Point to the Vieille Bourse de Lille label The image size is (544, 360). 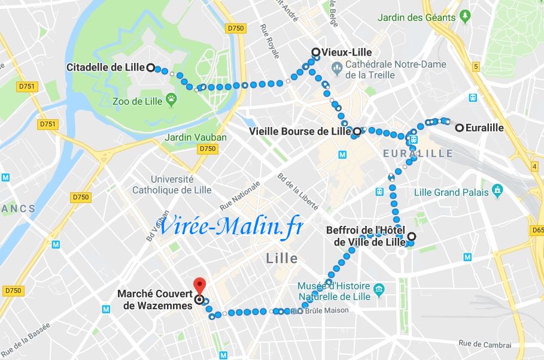coord(300,131)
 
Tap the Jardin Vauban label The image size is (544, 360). coord(195,137)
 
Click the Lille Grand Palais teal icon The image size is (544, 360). coord(497,192)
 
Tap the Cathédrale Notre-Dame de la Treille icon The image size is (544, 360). coord(337,69)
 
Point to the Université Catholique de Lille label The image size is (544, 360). coord(172,184)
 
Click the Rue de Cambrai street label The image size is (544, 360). coord(485,344)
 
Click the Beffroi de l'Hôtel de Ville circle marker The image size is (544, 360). coord(411,236)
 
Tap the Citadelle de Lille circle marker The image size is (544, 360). coord(150,67)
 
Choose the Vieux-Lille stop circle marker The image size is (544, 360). coord(316,52)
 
